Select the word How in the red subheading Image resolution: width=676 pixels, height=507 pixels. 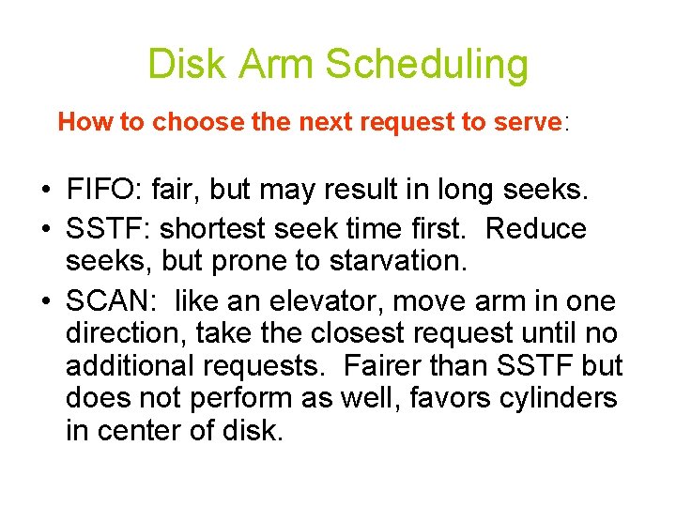click(81, 121)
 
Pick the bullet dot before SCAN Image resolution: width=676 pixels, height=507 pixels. click(45, 302)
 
